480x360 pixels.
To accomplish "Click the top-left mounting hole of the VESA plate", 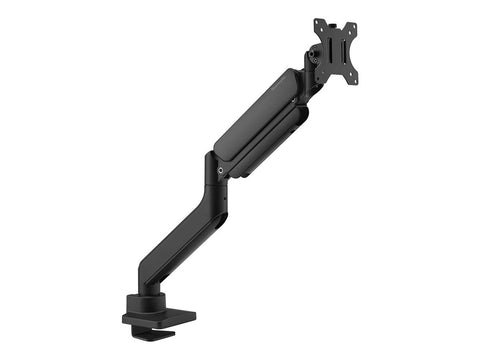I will click(x=317, y=22).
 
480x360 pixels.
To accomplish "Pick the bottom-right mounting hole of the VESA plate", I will click(x=355, y=81).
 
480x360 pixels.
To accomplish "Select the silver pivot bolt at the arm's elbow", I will click(x=220, y=170).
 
